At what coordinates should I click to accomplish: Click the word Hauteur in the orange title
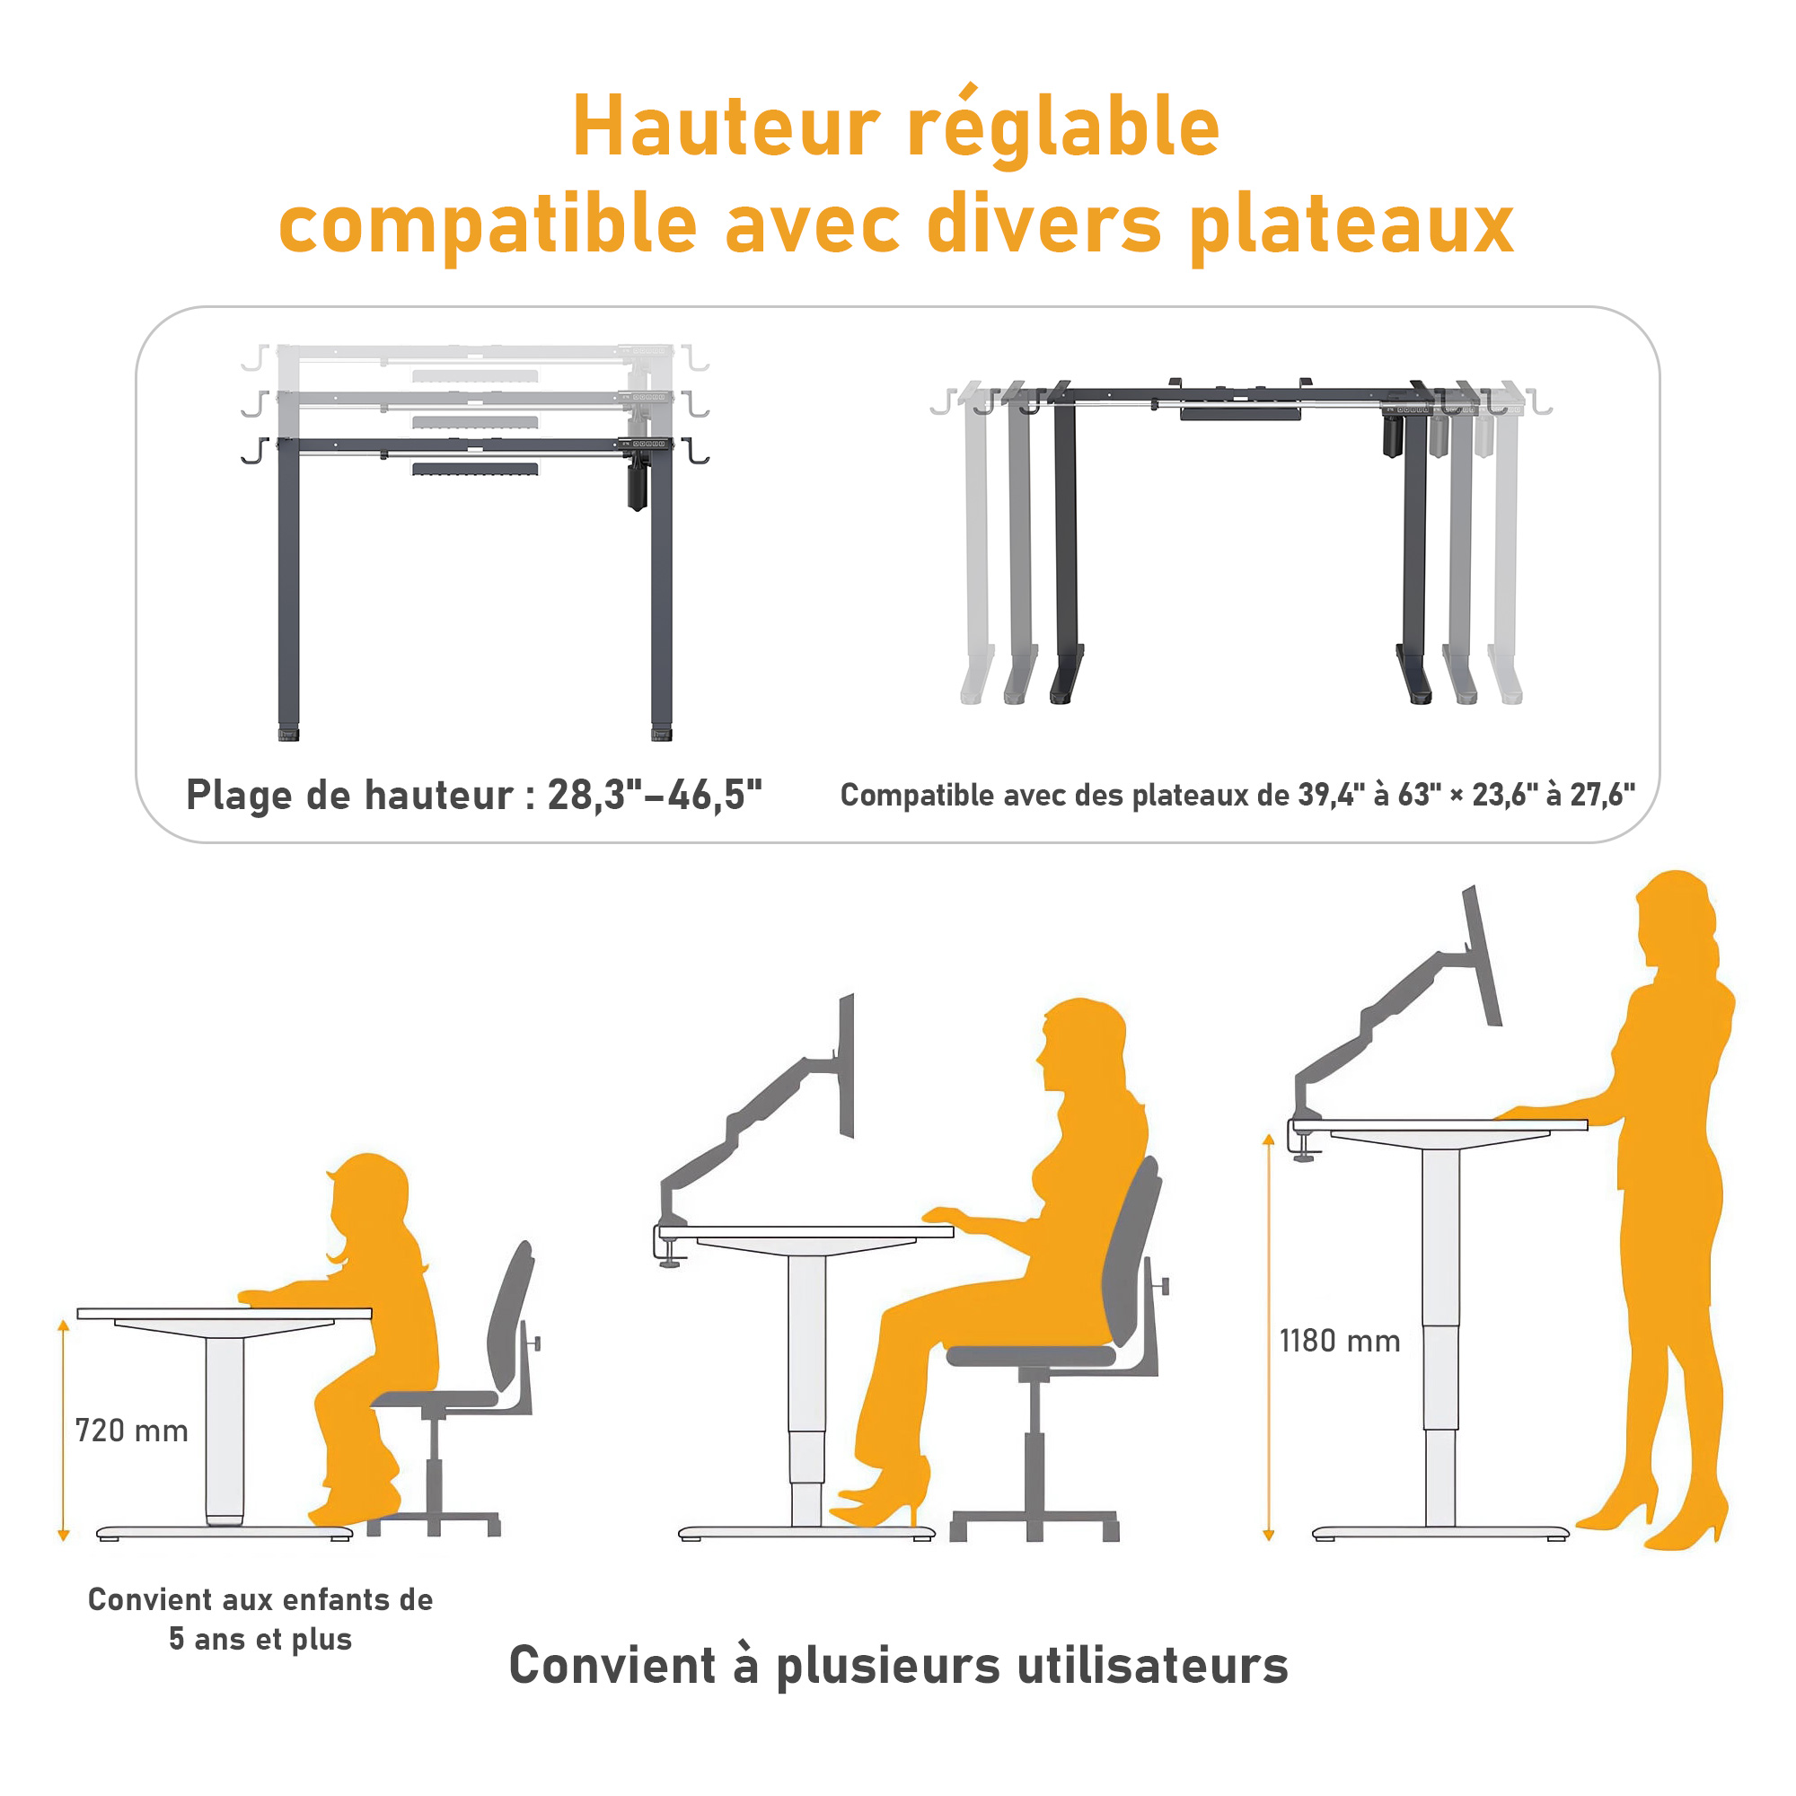pos(726,127)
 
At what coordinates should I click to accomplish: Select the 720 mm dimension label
pos(132,1431)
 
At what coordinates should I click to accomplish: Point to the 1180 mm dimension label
pos(1340,1342)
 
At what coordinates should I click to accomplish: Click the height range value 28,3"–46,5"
pos(656,795)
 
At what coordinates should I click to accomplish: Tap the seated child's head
pos(369,1199)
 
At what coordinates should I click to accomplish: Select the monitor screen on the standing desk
pos(1483,955)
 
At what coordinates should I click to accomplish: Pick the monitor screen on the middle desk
pos(846,1065)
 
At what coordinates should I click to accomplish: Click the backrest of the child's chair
pos(511,1317)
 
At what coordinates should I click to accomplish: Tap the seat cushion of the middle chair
pos(1031,1356)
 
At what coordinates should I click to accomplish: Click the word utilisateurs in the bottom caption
pos(1152,1665)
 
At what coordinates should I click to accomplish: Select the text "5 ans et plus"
pos(260,1639)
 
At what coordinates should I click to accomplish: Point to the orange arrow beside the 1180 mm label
pos(1268,1338)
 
